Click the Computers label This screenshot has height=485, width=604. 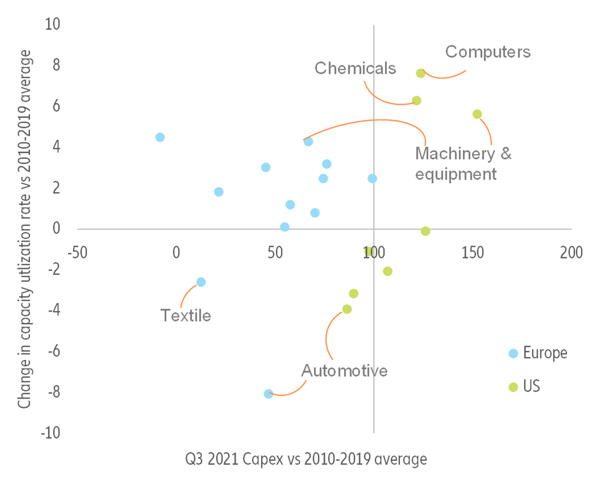pyautogui.click(x=488, y=52)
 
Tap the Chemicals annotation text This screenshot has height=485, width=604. pyautogui.click(x=355, y=68)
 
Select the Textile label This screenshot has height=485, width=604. pyautogui.click(x=186, y=315)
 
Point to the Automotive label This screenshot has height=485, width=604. pyautogui.click(x=344, y=371)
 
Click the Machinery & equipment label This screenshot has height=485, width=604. pyautogui.click(x=463, y=163)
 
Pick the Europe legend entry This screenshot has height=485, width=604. pyautogui.click(x=544, y=353)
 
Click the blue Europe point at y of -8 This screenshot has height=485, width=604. pyautogui.click(x=268, y=393)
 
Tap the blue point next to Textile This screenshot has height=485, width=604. pyautogui.click(x=201, y=282)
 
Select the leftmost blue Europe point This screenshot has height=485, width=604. pyautogui.click(x=160, y=137)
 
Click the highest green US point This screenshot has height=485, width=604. pyautogui.click(x=420, y=73)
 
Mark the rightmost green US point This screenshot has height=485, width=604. pyautogui.click(x=477, y=114)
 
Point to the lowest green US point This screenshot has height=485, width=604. pyautogui.click(x=347, y=309)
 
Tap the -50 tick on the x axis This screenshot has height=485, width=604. pyautogui.click(x=77, y=251)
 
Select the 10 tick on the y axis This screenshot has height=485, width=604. pyautogui.click(x=55, y=24)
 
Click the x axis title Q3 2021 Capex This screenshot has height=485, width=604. pyautogui.click(x=305, y=459)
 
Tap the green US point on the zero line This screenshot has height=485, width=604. pyautogui.click(x=425, y=231)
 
